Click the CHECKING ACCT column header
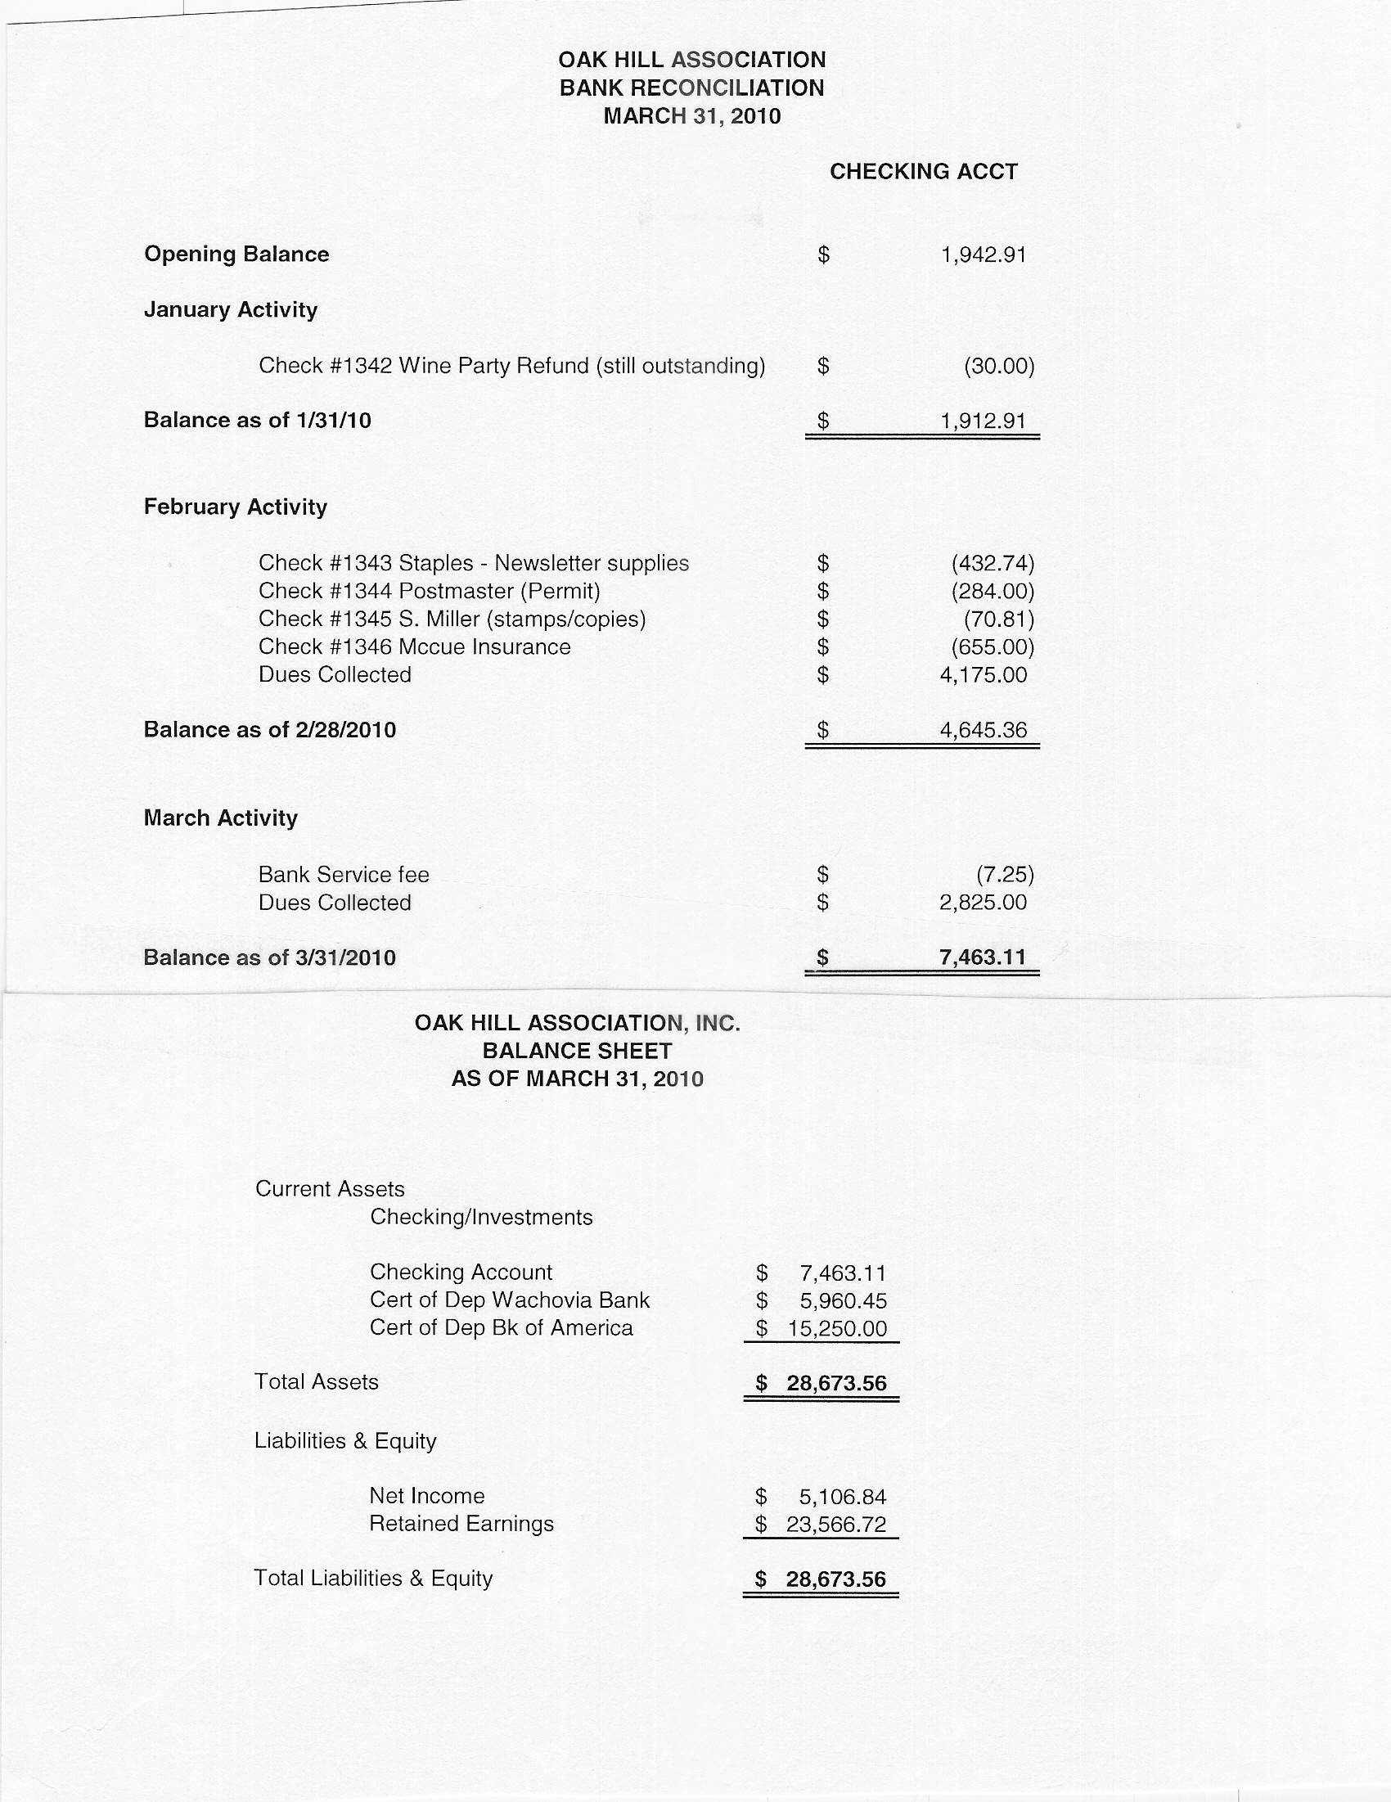(923, 172)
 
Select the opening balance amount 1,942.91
(984, 255)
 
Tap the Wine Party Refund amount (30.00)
(998, 366)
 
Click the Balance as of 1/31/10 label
(258, 421)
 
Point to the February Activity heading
(235, 507)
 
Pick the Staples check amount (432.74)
(993, 564)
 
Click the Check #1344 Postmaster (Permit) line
(429, 591)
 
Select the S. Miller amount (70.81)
(998, 619)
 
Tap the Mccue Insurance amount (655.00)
(993, 646)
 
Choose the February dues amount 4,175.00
(984, 675)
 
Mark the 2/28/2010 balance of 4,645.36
(984, 730)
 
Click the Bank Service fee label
(343, 875)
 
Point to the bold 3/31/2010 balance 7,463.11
(983, 957)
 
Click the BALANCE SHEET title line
(577, 1051)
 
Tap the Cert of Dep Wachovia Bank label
(509, 1300)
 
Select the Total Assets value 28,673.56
(835, 1384)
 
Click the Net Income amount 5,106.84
(842, 1496)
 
